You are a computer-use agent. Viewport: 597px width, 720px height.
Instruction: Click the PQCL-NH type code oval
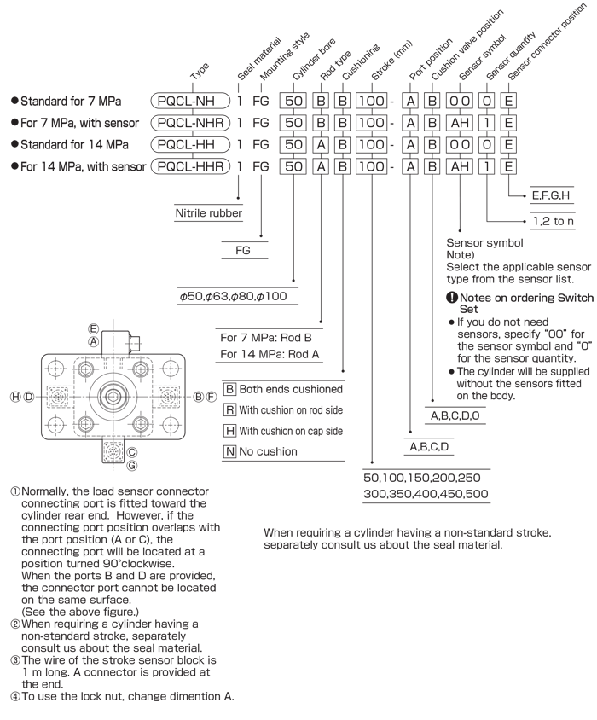click(x=190, y=101)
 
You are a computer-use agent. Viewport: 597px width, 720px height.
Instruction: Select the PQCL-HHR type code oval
click(x=190, y=166)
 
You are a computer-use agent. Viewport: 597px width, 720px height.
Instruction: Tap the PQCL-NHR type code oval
click(x=190, y=123)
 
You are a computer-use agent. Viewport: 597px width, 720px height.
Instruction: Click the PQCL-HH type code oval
click(x=190, y=145)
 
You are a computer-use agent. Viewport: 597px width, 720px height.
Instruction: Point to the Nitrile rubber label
click(x=208, y=213)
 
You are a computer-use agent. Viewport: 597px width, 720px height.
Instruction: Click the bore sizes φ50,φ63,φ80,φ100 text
click(x=234, y=296)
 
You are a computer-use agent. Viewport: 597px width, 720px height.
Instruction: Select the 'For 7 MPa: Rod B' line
click(x=266, y=338)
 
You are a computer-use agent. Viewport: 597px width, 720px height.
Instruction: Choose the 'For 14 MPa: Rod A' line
click(x=270, y=354)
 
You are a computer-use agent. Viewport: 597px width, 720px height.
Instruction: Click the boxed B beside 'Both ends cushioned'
click(x=229, y=389)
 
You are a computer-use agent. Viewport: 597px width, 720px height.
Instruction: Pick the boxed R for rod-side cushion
click(x=229, y=409)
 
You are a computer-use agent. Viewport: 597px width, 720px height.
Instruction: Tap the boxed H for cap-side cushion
click(x=229, y=431)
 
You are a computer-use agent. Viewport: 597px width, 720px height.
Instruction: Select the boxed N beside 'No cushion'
click(x=229, y=451)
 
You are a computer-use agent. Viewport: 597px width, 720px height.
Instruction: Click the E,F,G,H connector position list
click(x=551, y=195)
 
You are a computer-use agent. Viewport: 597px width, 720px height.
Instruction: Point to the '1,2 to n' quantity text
click(x=554, y=221)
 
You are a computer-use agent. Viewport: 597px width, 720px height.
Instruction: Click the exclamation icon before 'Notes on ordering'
click(x=452, y=297)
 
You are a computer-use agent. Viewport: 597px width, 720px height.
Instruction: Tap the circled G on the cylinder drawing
click(x=132, y=466)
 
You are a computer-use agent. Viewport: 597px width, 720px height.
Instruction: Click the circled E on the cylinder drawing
click(x=94, y=328)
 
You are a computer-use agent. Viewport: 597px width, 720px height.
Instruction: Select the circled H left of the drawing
click(x=15, y=397)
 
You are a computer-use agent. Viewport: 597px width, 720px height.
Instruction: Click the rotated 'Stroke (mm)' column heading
click(x=391, y=61)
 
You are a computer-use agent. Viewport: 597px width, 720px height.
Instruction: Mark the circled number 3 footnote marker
click(x=15, y=660)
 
